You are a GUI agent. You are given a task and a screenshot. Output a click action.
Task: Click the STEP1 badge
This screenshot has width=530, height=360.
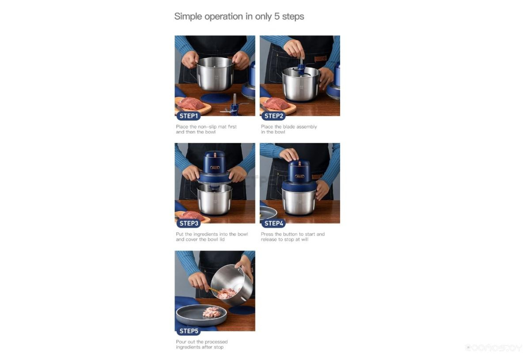point(189,116)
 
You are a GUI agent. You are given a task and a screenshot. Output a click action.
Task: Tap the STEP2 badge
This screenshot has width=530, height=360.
point(273,116)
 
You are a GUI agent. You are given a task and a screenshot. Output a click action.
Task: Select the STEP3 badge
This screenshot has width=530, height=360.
point(189,224)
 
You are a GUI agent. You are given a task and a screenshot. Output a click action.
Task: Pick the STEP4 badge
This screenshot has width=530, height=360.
point(273,224)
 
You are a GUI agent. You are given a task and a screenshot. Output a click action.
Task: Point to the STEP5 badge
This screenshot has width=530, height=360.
point(189,331)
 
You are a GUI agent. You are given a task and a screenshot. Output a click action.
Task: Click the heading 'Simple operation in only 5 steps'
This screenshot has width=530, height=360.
point(239,17)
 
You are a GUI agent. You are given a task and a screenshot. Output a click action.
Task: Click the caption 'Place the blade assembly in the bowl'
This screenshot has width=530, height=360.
point(289,129)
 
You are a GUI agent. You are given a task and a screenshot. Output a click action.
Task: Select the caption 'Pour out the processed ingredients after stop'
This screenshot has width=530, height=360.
point(202,345)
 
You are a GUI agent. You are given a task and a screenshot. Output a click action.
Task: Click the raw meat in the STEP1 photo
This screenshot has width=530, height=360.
point(191,104)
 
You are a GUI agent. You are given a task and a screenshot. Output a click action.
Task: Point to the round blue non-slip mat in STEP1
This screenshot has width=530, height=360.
point(216,98)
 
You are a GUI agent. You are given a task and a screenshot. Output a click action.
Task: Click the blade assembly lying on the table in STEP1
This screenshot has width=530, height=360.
point(234,106)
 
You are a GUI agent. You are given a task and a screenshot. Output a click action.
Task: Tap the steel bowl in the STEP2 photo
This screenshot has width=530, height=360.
point(300,83)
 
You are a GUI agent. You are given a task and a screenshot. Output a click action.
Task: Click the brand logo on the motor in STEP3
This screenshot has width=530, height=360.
point(215,168)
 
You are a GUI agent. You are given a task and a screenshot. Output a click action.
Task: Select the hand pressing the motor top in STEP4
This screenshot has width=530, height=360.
point(289,155)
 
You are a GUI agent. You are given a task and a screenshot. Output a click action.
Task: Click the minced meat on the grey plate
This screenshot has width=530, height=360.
point(212,312)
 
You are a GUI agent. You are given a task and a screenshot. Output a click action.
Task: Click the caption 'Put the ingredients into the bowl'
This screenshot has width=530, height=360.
point(212,234)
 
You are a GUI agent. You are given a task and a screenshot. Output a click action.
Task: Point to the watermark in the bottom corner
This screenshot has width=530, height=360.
point(494,348)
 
